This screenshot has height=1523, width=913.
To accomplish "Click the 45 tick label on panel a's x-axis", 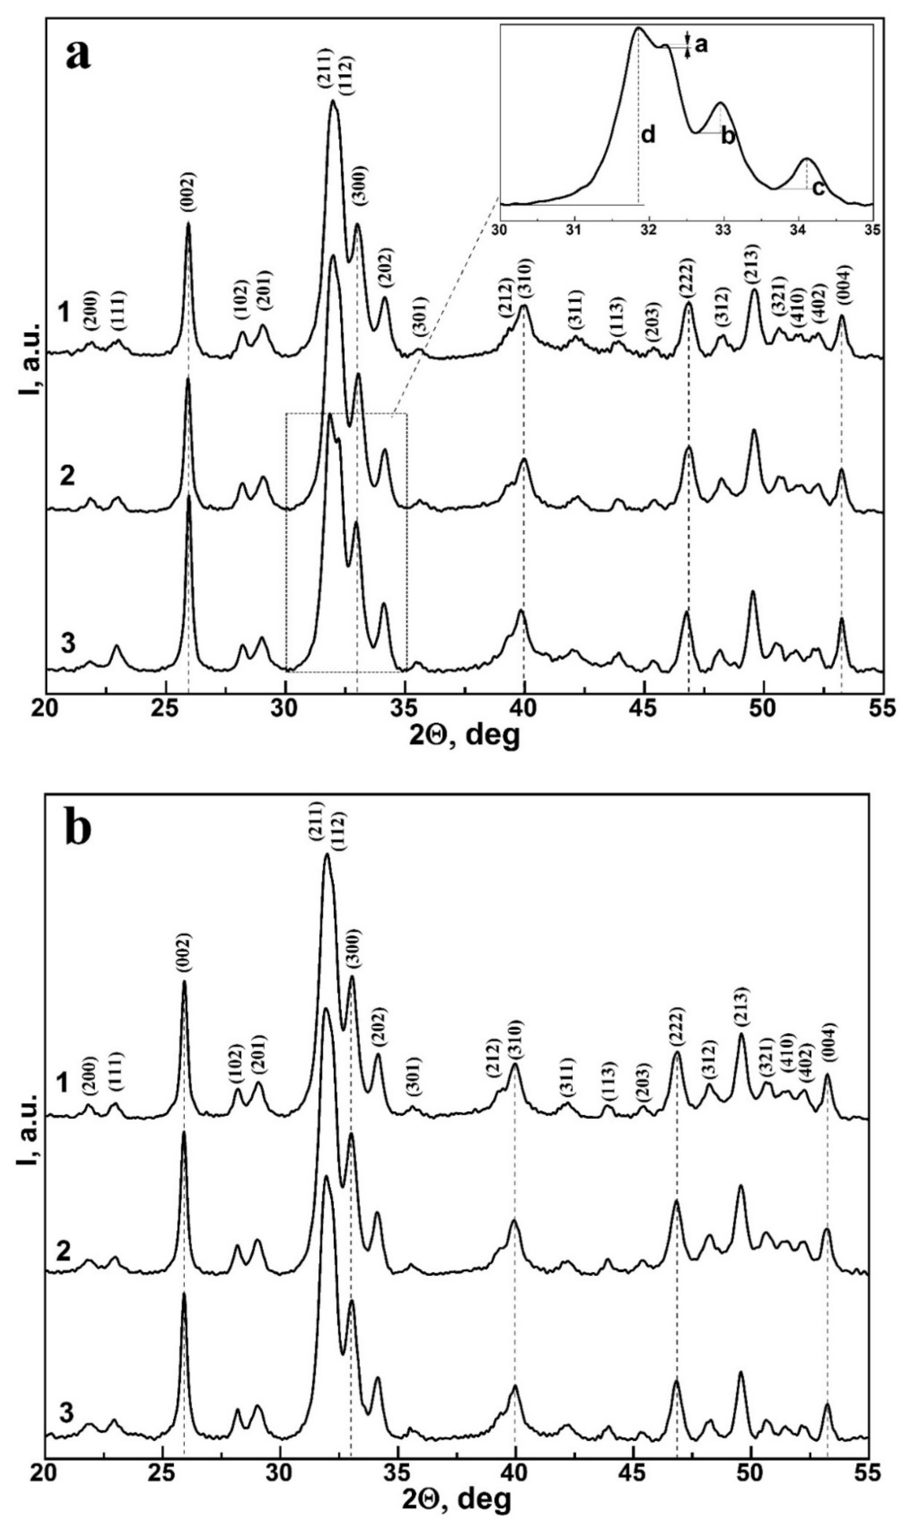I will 643,709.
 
